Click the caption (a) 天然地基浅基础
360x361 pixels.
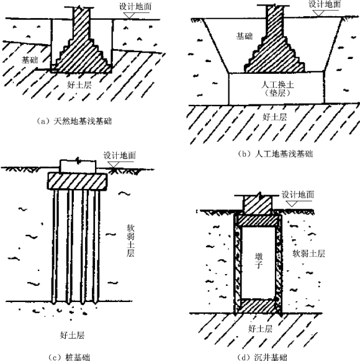[x=74, y=121]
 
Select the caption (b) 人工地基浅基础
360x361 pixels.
[x=275, y=153]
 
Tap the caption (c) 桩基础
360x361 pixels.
[x=70, y=357]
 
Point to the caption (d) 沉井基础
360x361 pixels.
[x=262, y=357]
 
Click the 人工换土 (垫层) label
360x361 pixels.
[x=277, y=88]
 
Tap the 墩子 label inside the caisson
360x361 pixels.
[x=259, y=260]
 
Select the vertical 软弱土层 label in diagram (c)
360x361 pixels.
[x=130, y=240]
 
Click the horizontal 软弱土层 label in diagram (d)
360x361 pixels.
[x=308, y=254]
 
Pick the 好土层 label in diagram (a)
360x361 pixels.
[x=79, y=85]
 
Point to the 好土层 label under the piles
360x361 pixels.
[x=72, y=335]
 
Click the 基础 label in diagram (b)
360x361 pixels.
[x=245, y=36]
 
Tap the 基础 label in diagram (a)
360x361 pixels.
[x=30, y=60]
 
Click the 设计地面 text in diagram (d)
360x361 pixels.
[x=298, y=194]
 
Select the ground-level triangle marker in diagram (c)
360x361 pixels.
[x=114, y=165]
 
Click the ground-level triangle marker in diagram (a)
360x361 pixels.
[x=129, y=16]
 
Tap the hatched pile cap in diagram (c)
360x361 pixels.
[x=78, y=181]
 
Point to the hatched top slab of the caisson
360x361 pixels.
[x=258, y=221]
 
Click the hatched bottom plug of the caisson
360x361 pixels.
[x=258, y=306]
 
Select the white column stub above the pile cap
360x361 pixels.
[x=78, y=166]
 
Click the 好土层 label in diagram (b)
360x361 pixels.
[x=275, y=117]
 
